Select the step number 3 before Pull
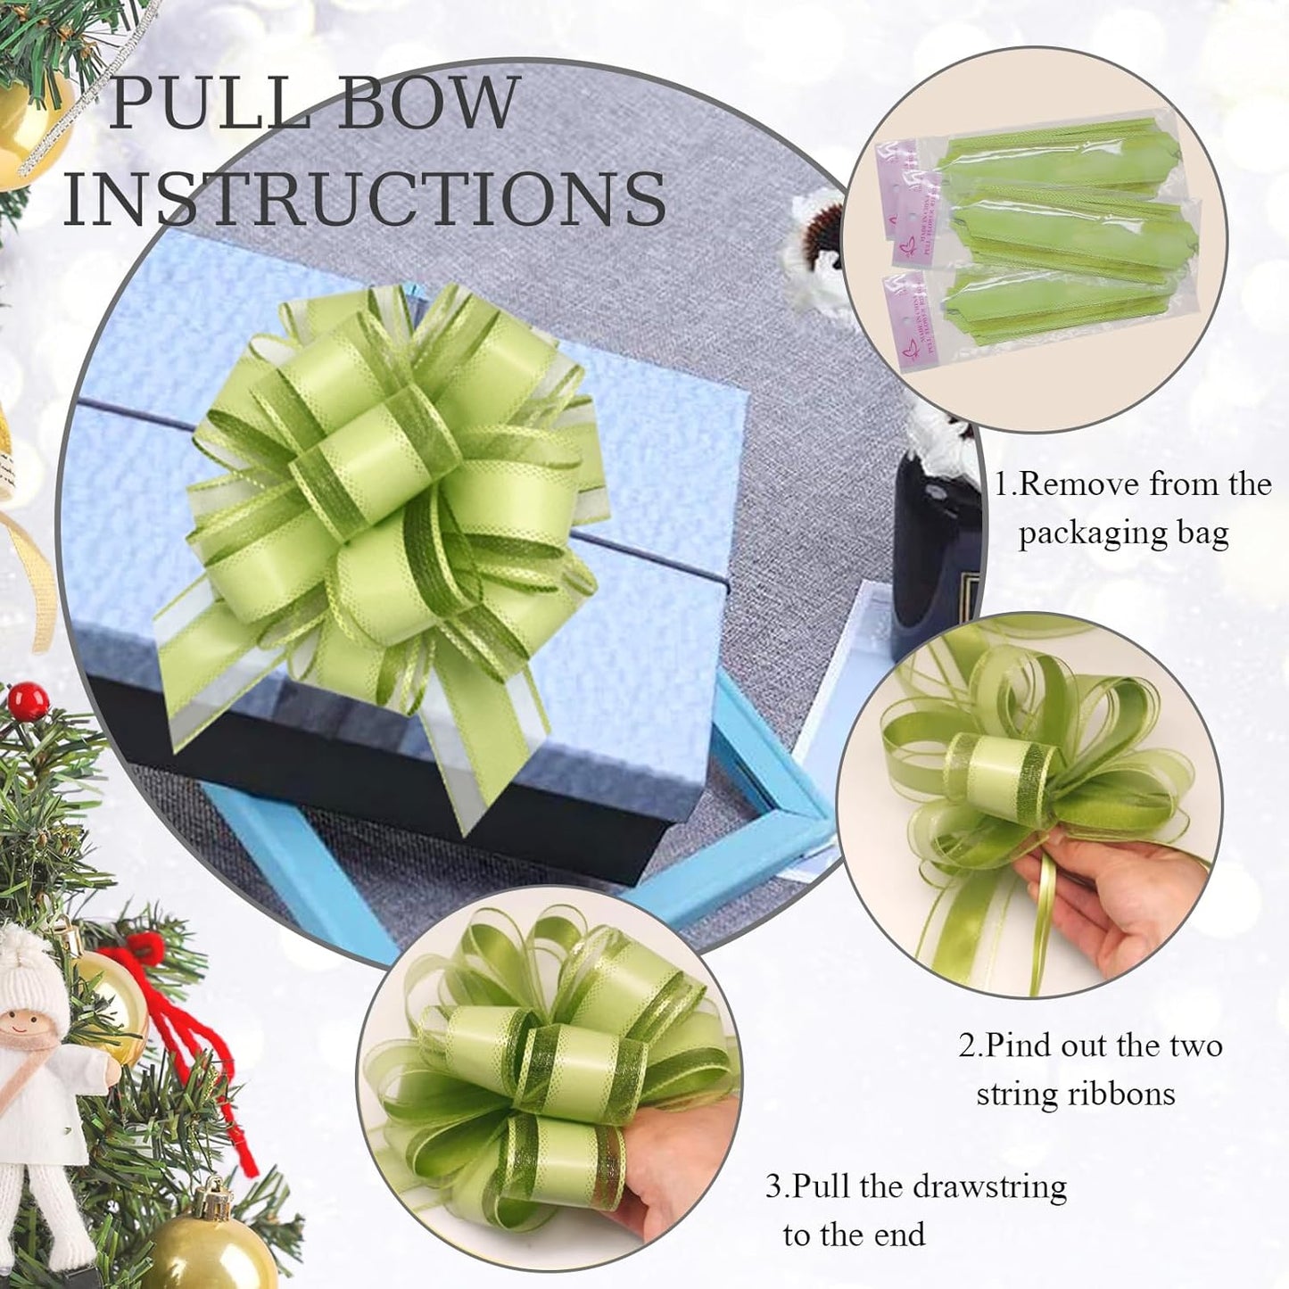(773, 1187)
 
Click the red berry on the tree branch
(29, 701)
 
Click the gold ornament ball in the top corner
(31, 125)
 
